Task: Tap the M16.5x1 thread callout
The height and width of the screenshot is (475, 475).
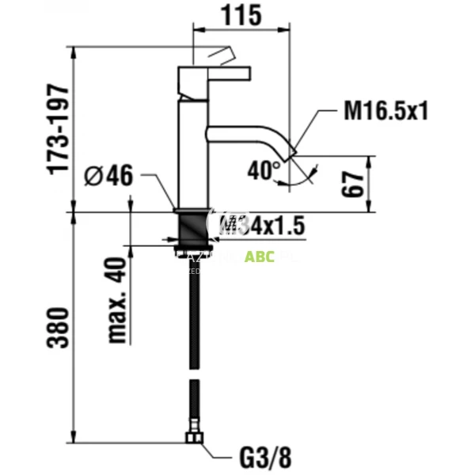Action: click(386, 111)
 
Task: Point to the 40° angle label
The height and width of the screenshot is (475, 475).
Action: click(264, 169)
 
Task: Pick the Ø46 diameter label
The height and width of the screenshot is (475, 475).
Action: click(108, 177)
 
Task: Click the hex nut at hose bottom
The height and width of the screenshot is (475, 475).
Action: click(192, 437)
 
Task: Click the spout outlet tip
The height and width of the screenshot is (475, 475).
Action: click(291, 152)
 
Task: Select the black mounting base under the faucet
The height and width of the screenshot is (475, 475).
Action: click(192, 226)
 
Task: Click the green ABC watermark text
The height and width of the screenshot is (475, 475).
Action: click(259, 256)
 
